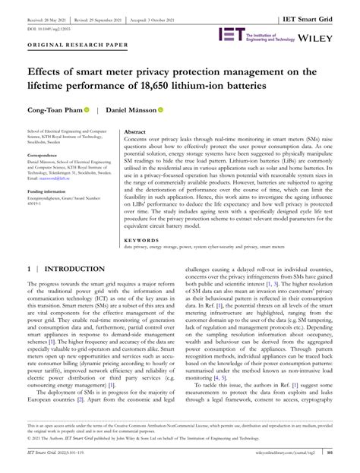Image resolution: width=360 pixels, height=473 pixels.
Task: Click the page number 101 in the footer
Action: (x=351, y=453)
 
